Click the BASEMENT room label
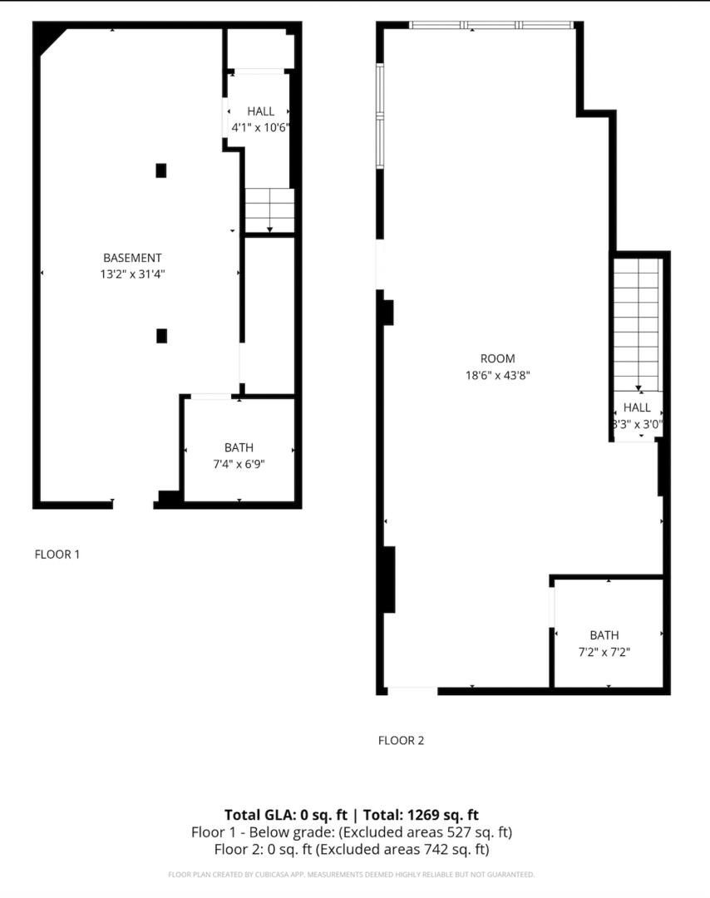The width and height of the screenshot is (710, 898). (x=132, y=258)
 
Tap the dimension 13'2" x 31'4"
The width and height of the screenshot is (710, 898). (x=132, y=274)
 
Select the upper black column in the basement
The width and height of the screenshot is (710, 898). (x=161, y=170)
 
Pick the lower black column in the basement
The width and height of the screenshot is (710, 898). (x=161, y=336)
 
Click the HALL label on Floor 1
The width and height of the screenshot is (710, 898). (x=260, y=111)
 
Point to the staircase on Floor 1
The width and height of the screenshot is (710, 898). (x=269, y=210)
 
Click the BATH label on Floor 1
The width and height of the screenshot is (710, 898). (x=239, y=447)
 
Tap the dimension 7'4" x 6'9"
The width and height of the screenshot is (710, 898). (x=239, y=463)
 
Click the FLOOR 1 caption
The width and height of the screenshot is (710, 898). (x=57, y=555)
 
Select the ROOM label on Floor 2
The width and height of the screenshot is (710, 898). (x=497, y=359)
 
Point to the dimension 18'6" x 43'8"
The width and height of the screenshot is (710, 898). (x=497, y=375)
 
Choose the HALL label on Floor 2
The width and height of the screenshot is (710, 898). (x=638, y=407)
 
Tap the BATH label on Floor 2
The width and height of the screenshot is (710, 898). (x=604, y=636)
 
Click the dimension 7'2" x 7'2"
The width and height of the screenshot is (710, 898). (x=604, y=652)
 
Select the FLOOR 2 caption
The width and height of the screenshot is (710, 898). (x=401, y=741)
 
